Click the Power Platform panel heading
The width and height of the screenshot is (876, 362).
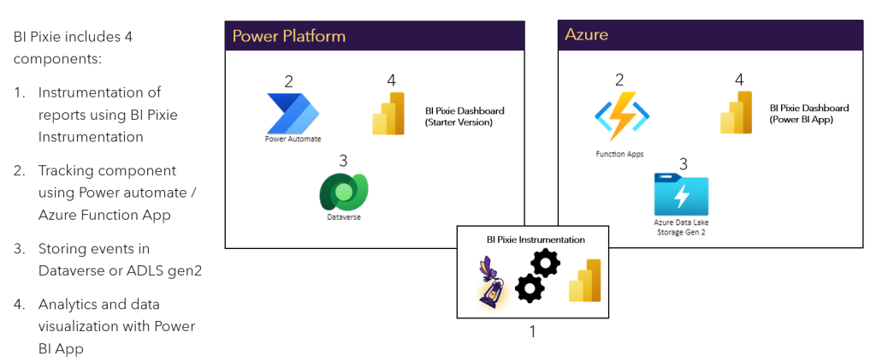pos(289,35)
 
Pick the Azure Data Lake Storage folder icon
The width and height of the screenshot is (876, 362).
pos(682,194)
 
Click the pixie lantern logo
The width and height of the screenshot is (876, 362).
pos(494,282)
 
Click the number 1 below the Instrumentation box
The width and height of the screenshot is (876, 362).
pos(532,331)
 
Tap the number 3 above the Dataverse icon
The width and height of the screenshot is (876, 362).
pos(344,160)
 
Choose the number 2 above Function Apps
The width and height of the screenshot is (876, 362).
pos(620,80)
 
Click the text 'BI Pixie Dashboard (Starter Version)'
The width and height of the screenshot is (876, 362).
pos(465,116)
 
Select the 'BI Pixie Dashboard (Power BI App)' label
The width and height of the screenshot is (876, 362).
pos(808,114)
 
